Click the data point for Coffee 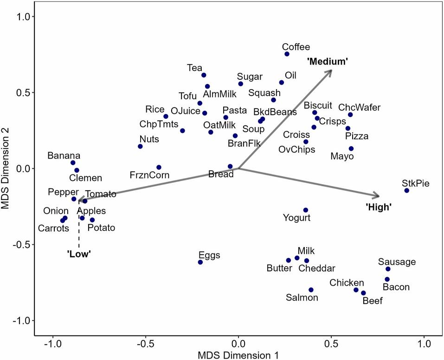point(287,54)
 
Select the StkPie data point point(407,191)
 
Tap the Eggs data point point(200,262)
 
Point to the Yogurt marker point(305,210)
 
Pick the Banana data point point(73,163)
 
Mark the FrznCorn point point(159,167)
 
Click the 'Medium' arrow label point(328,61)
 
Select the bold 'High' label point(378,207)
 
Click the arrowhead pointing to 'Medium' point(330,71)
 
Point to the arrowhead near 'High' point(377,196)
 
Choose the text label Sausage point(397,262)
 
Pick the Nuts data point point(140,147)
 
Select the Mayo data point point(351,149)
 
